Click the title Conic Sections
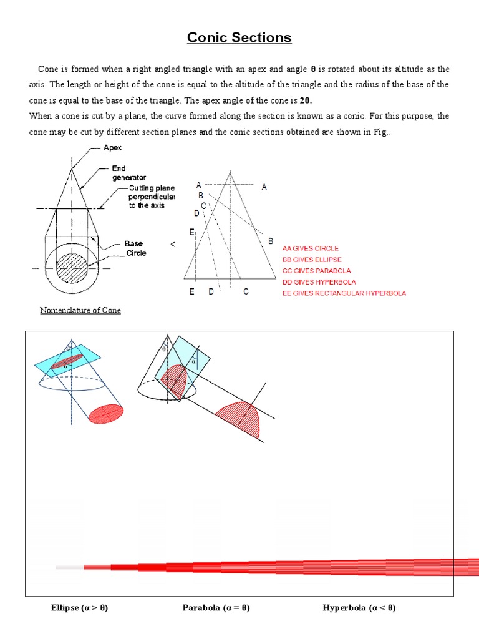click(x=239, y=37)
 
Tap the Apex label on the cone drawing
click(x=114, y=148)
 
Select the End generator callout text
click(x=128, y=173)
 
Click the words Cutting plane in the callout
click(x=152, y=188)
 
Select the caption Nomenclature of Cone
click(x=80, y=310)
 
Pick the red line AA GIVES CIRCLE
click(x=311, y=248)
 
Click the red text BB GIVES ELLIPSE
click(x=312, y=260)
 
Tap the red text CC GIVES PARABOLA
click(x=316, y=271)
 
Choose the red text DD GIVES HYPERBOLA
click(x=319, y=282)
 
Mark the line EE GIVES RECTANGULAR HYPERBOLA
click(x=344, y=293)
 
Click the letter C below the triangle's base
click(x=246, y=291)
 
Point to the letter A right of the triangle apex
click(x=264, y=187)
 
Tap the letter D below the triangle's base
click(x=211, y=291)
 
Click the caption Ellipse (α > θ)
click(x=79, y=608)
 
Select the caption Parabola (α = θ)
click(x=216, y=608)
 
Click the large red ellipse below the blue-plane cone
click(x=107, y=414)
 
